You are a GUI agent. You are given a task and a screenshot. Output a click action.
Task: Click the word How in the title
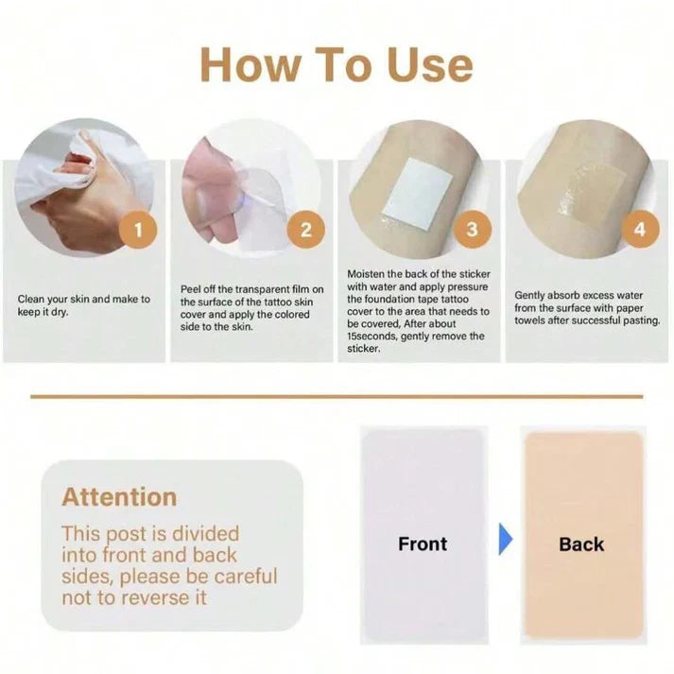tap(250, 64)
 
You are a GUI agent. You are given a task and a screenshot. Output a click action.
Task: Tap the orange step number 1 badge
tap(138, 230)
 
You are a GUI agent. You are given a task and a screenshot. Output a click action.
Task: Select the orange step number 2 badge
tap(305, 230)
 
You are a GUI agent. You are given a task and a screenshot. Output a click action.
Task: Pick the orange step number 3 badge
tap(473, 229)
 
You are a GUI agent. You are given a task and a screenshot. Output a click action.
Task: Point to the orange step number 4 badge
tap(640, 229)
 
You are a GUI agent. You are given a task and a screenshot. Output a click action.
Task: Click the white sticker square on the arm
tap(418, 189)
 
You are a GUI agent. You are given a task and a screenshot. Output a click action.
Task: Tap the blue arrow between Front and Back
tap(506, 539)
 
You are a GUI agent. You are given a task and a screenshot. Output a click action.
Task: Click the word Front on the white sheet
tap(423, 544)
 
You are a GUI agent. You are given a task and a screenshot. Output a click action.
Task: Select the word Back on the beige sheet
tap(581, 544)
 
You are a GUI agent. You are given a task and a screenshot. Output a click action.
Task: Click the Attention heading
tap(119, 497)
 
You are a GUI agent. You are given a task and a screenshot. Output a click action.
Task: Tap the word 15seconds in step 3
tap(372, 337)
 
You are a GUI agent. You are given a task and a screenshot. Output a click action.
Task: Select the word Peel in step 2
tap(189, 289)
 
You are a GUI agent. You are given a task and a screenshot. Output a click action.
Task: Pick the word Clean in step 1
tap(31, 299)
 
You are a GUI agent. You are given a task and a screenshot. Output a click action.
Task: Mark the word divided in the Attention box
tap(204, 534)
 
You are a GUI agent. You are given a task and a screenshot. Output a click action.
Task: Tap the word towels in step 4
tap(529, 320)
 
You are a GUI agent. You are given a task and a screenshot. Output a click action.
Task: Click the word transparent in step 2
tap(262, 289)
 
